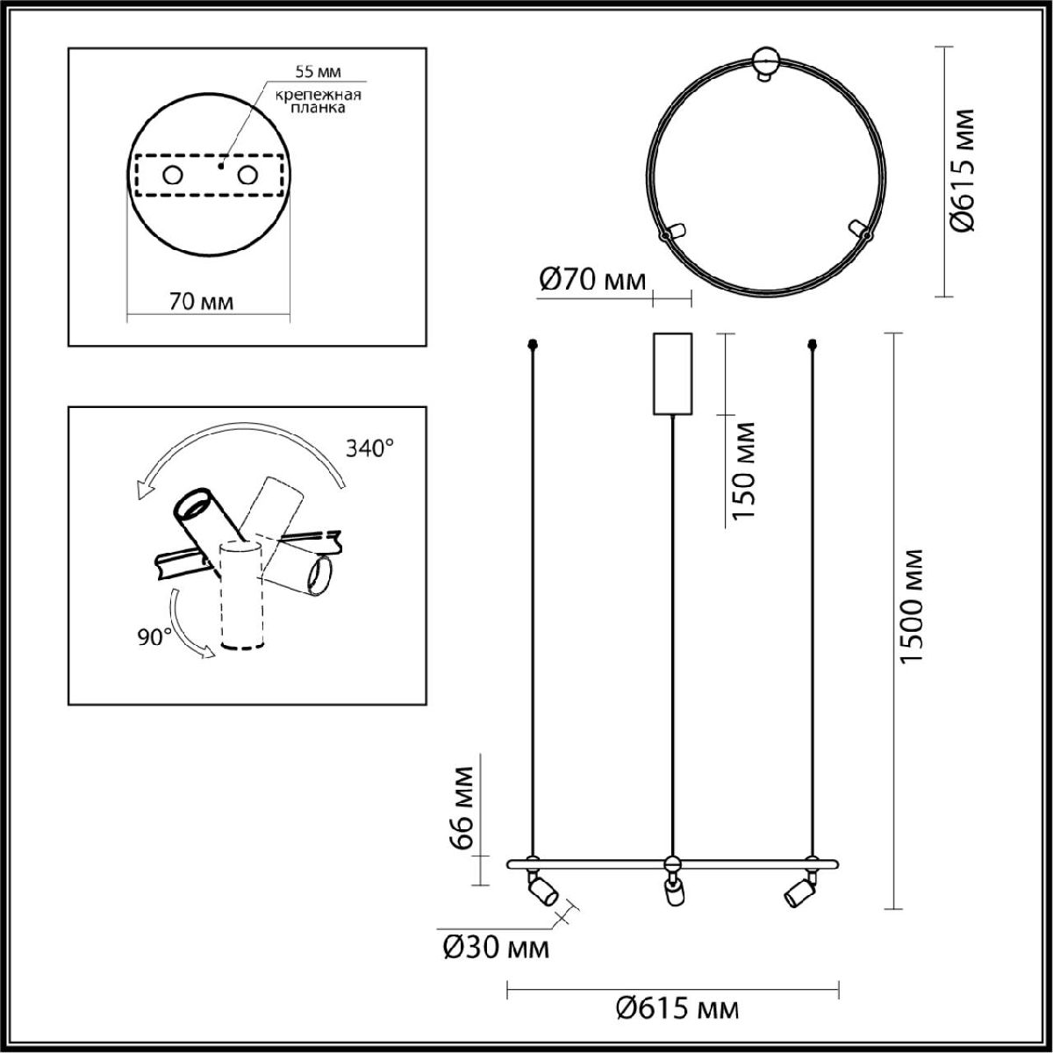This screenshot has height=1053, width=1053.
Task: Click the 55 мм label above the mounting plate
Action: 318,71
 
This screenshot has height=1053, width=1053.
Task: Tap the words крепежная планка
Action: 318,101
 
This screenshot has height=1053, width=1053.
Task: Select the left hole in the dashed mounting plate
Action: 173,175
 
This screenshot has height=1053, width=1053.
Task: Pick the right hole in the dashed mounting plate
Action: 247,175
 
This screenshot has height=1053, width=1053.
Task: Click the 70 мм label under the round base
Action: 201,302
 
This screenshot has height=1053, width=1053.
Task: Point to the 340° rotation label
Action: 370,448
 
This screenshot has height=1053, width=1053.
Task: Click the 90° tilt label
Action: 154,637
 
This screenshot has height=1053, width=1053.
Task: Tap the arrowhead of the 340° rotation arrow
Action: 144,489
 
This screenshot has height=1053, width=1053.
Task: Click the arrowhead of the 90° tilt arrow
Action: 208,651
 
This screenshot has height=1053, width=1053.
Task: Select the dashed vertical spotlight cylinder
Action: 242,595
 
